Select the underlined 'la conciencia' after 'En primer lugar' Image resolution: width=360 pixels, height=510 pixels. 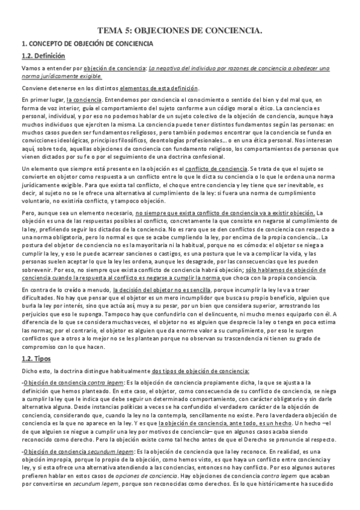pyautogui.click(x=84, y=99)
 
